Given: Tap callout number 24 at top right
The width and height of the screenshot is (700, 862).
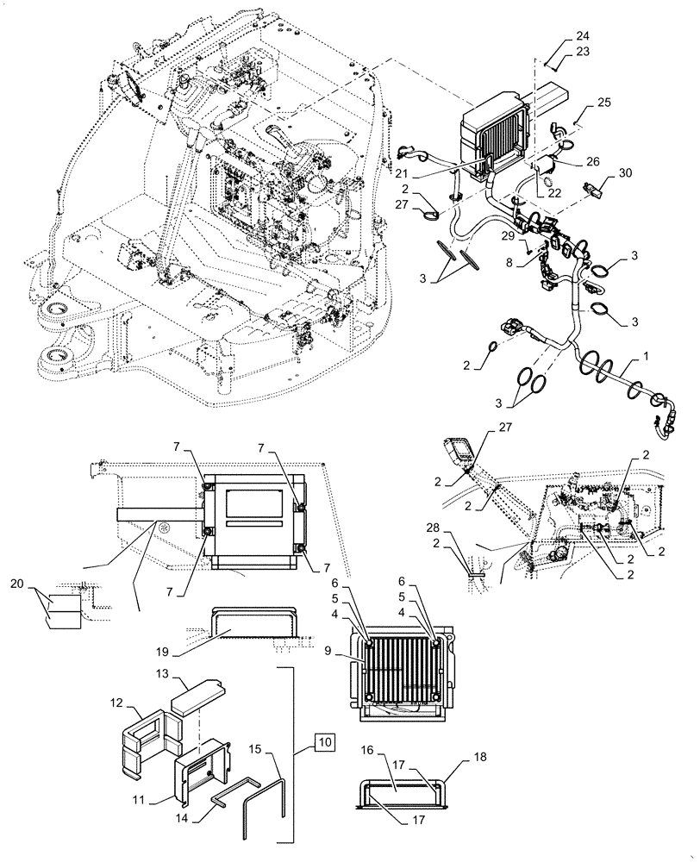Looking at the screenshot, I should point(584,36).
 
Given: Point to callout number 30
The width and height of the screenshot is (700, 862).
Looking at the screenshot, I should point(625,172).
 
